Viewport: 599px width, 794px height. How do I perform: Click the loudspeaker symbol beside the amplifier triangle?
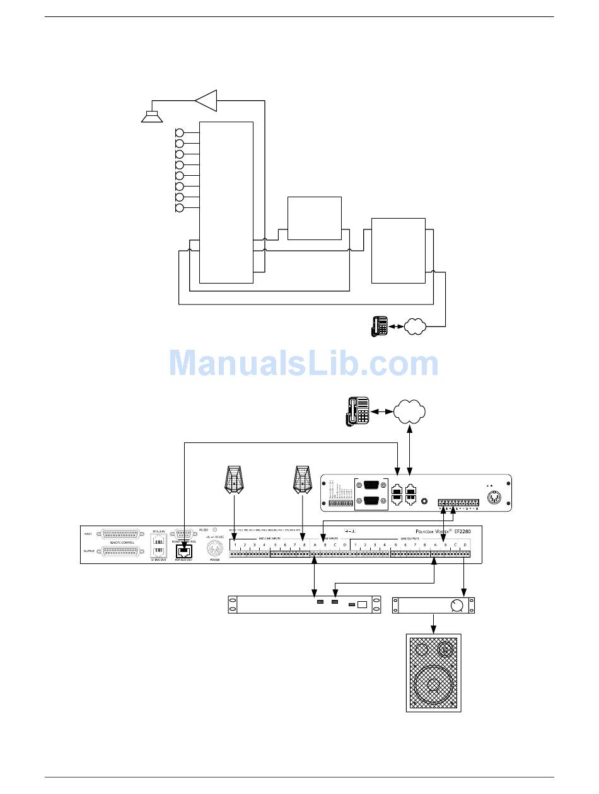point(151,116)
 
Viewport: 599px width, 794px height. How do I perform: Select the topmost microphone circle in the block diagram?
point(179,133)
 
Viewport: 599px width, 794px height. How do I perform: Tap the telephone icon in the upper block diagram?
point(380,326)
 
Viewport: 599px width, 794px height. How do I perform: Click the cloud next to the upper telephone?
point(415,326)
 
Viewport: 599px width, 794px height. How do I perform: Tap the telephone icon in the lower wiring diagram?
point(357,411)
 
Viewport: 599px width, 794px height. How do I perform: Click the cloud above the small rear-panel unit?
point(409,411)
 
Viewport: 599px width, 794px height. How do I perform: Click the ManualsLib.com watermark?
point(304,364)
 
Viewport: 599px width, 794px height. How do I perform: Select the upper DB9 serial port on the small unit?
point(375,485)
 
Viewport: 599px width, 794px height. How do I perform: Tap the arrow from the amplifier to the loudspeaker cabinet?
point(434,624)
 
